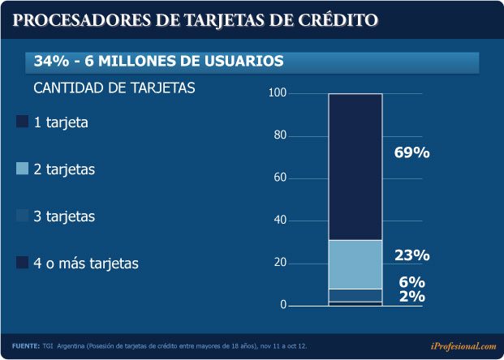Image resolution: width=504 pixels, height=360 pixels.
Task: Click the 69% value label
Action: [x=411, y=152]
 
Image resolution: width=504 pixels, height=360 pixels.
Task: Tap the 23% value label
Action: [x=411, y=255]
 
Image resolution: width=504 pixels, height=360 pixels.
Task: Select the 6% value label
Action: [x=411, y=282]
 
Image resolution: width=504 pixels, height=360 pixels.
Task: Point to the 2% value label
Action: [x=411, y=297]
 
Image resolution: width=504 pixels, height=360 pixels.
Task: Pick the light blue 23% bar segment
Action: [x=355, y=264]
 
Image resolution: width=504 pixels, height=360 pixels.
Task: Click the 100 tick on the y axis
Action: [x=278, y=94]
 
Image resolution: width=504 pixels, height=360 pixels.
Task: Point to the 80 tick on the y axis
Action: [x=280, y=136]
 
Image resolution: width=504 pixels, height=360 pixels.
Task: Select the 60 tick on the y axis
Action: [x=280, y=178]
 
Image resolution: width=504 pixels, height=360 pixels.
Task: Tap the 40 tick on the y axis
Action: [x=280, y=221]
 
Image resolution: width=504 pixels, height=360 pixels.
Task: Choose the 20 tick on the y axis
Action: [x=280, y=263]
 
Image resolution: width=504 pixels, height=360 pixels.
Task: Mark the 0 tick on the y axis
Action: [x=283, y=305]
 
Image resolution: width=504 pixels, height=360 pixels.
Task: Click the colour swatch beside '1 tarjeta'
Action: [x=22, y=122]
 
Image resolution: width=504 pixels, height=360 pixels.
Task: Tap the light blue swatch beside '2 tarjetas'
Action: [x=22, y=169]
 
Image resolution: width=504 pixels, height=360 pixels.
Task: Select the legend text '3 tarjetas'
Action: [x=64, y=216]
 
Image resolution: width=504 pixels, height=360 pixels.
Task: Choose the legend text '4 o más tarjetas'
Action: [x=86, y=264]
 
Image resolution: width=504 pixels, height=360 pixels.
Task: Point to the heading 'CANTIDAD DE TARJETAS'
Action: [x=114, y=88]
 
